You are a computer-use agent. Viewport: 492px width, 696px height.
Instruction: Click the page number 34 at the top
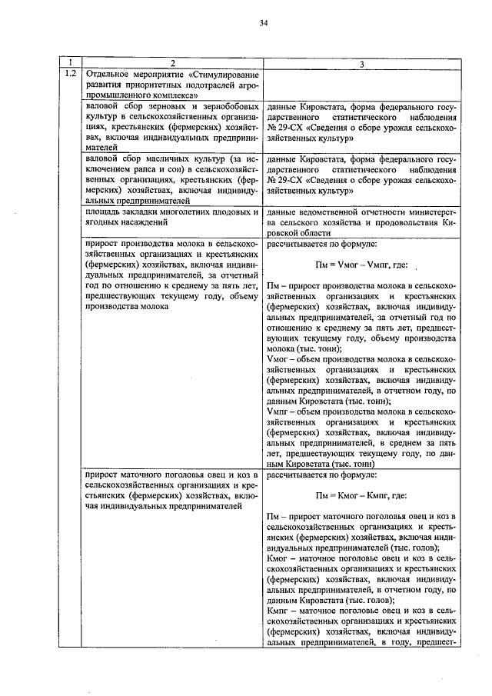pyautogui.click(x=263, y=24)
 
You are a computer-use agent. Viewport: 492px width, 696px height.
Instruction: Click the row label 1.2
pyautogui.click(x=70, y=74)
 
